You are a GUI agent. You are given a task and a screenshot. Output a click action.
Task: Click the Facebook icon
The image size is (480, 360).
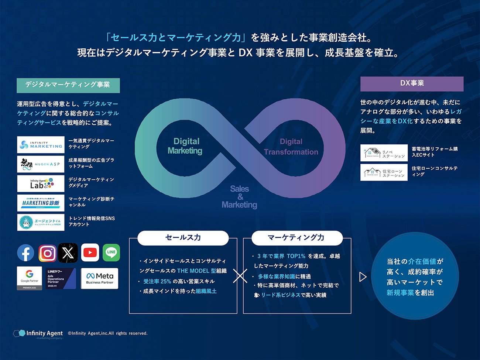click(x=25, y=253)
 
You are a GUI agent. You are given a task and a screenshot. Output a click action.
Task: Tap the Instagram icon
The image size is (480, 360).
click(x=48, y=253)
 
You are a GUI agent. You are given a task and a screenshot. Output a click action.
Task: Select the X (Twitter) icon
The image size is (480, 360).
click(x=68, y=253)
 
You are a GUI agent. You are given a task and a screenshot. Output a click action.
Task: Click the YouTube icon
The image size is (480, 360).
click(x=90, y=253)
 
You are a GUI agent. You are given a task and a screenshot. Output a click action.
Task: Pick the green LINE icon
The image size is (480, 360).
click(x=111, y=253)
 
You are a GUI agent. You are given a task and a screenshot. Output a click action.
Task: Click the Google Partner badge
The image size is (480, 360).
click(x=30, y=278)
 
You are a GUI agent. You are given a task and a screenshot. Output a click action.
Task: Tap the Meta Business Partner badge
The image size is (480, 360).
click(x=100, y=278)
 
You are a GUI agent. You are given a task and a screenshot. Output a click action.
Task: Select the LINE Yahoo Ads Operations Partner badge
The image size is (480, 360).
click(x=61, y=278)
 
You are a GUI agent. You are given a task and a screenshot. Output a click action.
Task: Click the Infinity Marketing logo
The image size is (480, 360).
click(x=41, y=144)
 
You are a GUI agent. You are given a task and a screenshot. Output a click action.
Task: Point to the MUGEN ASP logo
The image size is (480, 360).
click(x=41, y=164)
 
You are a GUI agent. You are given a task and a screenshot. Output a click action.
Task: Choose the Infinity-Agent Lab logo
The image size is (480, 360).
click(x=41, y=184)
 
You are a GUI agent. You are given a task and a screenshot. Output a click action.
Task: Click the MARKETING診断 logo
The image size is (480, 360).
click(x=41, y=203)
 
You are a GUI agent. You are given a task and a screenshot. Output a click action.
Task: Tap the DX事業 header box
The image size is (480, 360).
click(x=412, y=84)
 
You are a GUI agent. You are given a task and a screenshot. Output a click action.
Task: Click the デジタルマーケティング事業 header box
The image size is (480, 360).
click(x=68, y=85)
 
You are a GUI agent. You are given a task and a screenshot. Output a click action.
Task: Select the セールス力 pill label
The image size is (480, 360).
click(x=183, y=238)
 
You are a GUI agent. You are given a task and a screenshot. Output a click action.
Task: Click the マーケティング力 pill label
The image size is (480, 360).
click(x=297, y=238)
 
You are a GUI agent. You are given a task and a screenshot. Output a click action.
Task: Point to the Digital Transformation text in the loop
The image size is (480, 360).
click(x=291, y=147)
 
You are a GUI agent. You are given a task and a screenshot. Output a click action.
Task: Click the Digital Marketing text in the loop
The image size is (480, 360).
click(x=185, y=146)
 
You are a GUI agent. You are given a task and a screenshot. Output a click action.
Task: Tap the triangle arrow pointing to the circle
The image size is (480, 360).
click(x=363, y=277)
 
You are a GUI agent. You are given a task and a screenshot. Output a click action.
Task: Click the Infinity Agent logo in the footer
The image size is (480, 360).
click(x=38, y=334)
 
